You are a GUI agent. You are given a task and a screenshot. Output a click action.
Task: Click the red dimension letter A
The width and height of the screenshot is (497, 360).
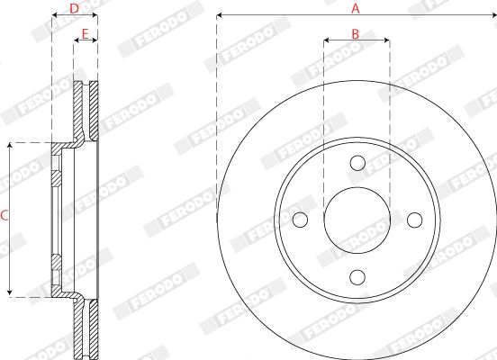[356, 8]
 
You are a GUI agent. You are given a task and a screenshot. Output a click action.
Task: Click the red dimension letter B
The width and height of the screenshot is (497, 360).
[356, 33]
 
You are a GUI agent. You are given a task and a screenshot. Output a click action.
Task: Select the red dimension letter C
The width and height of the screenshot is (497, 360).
[5, 216]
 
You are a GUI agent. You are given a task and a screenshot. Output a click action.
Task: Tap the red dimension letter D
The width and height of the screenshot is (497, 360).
[74, 9]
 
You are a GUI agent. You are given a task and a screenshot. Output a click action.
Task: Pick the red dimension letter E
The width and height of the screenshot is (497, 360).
[85, 34]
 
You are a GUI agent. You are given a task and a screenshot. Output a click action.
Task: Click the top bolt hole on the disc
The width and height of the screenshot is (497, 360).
[357, 163]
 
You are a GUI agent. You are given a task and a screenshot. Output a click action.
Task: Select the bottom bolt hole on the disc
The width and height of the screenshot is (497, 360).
[357, 276]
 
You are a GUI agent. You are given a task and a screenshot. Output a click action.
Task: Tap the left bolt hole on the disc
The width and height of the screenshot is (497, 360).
[300, 220]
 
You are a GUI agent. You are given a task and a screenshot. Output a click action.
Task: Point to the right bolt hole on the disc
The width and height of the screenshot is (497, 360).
[414, 220]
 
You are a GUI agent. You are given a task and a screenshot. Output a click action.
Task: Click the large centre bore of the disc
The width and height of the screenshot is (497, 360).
[357, 220]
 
